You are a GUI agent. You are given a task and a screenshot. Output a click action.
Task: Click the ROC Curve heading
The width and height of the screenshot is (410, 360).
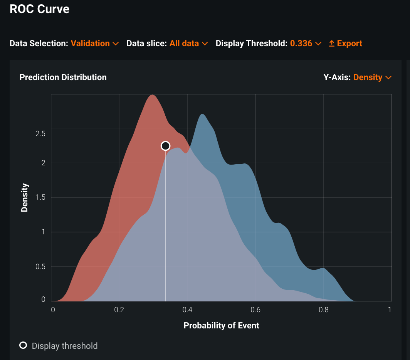click(x=39, y=9)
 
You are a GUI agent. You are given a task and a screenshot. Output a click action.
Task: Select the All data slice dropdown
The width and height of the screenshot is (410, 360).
click(x=188, y=44)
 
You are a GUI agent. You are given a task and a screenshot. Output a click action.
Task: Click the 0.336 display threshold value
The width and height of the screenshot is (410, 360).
click(x=305, y=44)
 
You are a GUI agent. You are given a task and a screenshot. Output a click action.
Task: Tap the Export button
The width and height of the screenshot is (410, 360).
click(x=345, y=44)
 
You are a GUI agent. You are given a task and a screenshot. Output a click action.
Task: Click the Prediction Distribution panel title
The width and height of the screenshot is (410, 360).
click(x=63, y=77)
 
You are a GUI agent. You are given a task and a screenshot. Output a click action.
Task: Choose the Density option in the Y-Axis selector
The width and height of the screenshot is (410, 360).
click(x=372, y=77)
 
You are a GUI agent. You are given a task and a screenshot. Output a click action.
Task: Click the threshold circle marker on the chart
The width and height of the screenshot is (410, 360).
click(x=165, y=146)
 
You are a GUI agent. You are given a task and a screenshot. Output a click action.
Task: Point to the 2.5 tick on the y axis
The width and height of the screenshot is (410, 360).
click(x=40, y=134)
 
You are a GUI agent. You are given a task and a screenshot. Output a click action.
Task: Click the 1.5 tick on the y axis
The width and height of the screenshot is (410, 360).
click(x=40, y=197)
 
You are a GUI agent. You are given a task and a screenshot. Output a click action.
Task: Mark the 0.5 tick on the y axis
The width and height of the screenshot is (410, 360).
click(x=40, y=267)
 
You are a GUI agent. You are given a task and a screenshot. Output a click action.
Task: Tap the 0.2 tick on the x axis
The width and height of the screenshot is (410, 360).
click(x=119, y=310)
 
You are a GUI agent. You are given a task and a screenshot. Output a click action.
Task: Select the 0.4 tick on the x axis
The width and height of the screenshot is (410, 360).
click(x=187, y=310)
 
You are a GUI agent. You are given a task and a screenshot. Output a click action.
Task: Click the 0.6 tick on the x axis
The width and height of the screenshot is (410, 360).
click(x=255, y=310)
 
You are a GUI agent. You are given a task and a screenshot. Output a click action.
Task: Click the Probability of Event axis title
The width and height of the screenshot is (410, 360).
click(x=221, y=326)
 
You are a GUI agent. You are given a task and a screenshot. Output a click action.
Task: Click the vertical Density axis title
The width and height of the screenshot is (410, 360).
click(x=25, y=198)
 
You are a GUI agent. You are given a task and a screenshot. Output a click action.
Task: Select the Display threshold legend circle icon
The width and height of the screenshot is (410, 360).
click(x=23, y=345)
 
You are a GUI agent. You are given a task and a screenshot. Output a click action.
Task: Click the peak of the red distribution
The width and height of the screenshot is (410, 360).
click(x=153, y=95)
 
